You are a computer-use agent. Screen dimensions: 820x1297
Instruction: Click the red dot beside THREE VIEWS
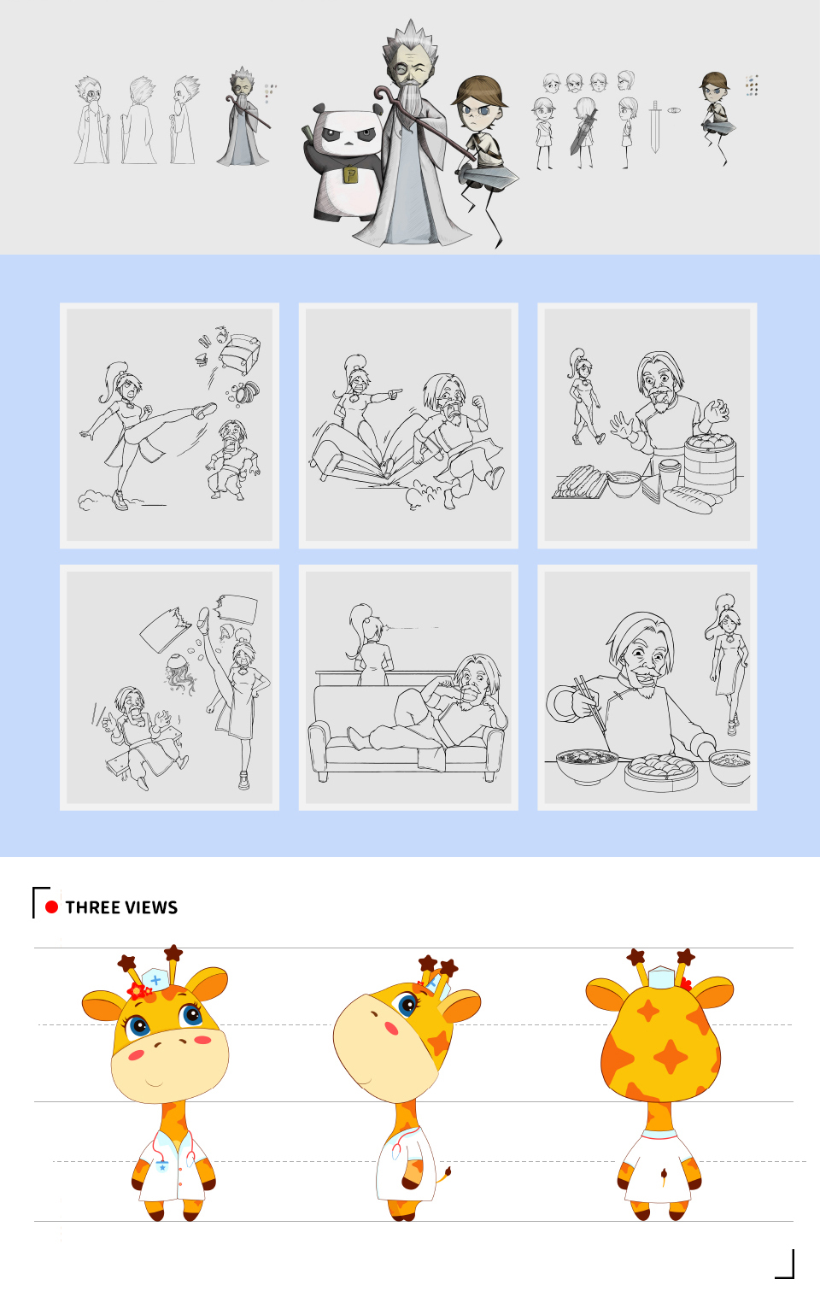51,907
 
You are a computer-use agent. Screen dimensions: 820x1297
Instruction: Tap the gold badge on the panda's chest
350,175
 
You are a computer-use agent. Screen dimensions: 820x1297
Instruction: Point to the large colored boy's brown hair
479,90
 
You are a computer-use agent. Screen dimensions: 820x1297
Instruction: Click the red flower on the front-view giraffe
138,992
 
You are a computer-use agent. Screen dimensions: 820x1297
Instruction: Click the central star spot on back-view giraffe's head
671,1057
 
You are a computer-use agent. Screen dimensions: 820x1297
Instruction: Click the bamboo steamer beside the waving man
710,462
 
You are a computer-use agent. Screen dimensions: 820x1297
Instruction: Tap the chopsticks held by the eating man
591,703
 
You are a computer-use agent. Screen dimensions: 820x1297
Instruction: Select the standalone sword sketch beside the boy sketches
654,126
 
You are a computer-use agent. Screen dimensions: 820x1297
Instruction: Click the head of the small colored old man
242,84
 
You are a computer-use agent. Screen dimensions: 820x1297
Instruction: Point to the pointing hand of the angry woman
394,395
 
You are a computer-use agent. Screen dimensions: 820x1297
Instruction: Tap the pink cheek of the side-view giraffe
392,1029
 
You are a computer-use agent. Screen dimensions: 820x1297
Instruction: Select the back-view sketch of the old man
139,121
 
